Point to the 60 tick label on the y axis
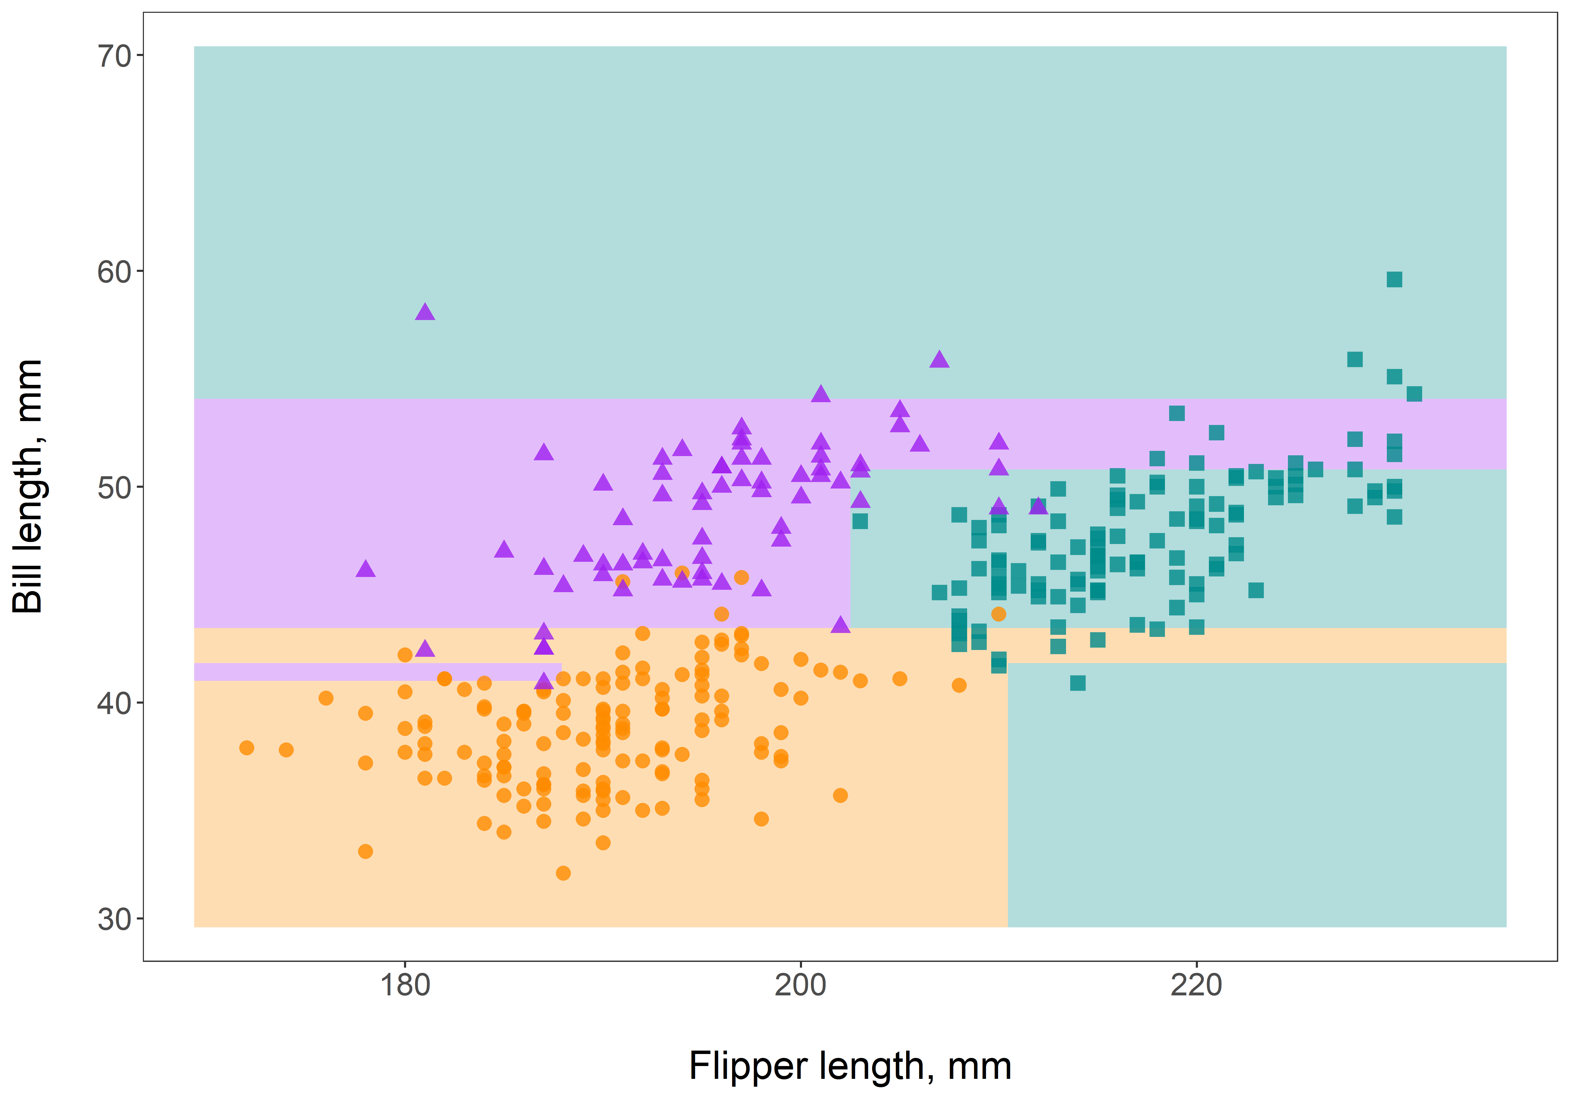(114, 272)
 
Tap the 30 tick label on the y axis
(114, 919)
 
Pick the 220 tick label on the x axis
(1196, 985)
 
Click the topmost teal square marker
(1394, 279)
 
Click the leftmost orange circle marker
(247, 748)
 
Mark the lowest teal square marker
(1078, 682)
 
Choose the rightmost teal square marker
(1414, 394)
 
